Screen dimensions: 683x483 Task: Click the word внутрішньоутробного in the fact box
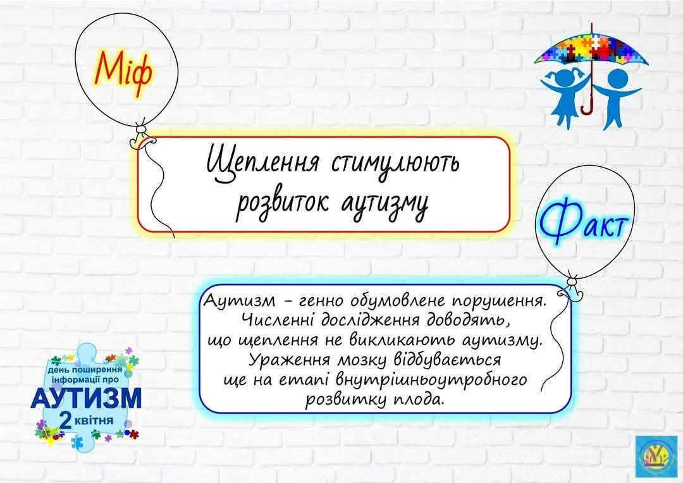[x=431, y=380]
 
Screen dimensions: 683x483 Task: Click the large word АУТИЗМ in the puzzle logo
[x=86, y=398]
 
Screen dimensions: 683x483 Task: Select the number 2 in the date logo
[x=65, y=421]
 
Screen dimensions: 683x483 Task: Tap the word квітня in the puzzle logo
[x=94, y=421]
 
